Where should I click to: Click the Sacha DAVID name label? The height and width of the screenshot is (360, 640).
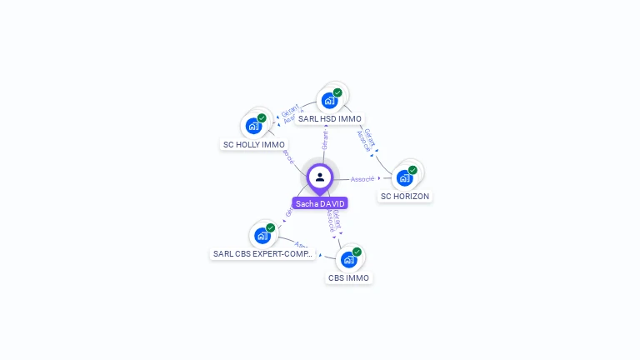(x=319, y=203)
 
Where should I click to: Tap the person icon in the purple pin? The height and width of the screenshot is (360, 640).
(x=320, y=177)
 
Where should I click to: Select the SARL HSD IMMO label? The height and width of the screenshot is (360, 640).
(x=330, y=119)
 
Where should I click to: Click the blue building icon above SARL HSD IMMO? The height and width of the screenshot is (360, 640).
(x=329, y=101)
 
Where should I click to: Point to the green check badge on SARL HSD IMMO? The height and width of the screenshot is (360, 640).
(x=337, y=92)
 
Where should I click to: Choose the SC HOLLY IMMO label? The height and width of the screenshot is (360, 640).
(x=254, y=145)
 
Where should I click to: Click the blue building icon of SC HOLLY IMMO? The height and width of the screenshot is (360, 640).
(x=253, y=127)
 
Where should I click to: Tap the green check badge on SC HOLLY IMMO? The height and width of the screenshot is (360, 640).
(x=262, y=118)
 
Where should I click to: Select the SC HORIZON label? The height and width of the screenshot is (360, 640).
(x=405, y=197)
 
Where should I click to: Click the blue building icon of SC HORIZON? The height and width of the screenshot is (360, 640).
(x=404, y=178)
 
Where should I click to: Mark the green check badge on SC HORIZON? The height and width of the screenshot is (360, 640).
(x=412, y=170)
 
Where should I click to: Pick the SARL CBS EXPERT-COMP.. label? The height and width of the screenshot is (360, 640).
(x=262, y=253)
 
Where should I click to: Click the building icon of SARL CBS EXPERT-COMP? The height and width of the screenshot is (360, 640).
(x=262, y=236)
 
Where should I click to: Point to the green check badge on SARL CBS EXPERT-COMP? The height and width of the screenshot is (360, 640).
(x=270, y=227)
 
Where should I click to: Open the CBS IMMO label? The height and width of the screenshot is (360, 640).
(x=348, y=278)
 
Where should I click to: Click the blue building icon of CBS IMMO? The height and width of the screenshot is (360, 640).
(x=348, y=259)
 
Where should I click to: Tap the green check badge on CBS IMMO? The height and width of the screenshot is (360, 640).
(x=357, y=251)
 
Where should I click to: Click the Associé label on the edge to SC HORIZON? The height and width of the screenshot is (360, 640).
(x=362, y=178)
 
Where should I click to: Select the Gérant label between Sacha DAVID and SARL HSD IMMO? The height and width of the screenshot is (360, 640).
(x=325, y=139)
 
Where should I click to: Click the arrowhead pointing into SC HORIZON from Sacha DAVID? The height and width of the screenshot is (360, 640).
(x=380, y=177)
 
